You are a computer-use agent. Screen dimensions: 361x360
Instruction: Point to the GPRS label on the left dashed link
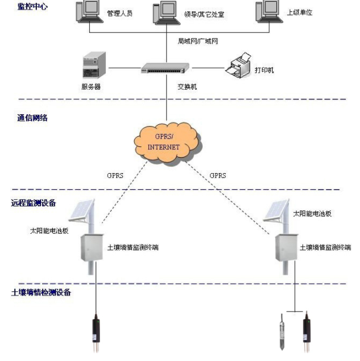(116, 177)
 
